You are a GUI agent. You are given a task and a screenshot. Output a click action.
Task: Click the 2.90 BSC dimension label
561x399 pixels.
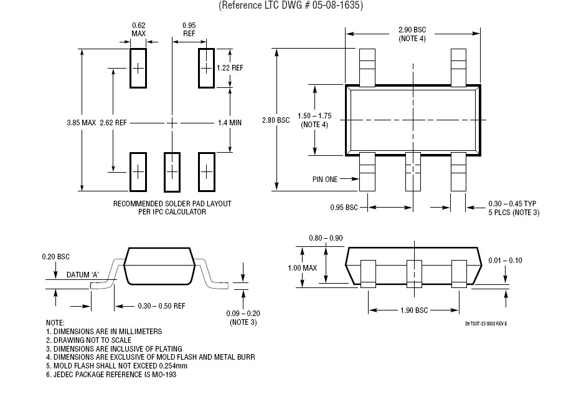412,31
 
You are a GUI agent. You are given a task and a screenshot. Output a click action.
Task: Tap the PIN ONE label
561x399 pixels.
324,179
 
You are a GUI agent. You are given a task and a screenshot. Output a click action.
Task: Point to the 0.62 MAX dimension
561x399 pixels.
138,29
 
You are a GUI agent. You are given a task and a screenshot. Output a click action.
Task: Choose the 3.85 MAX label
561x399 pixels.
81,123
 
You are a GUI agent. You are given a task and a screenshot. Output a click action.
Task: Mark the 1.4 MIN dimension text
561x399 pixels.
229,123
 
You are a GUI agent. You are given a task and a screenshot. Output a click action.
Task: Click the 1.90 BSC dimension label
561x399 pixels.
412,310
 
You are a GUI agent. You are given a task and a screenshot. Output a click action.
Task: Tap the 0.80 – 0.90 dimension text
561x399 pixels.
326,238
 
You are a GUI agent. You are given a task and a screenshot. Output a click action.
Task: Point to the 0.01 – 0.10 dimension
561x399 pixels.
506,260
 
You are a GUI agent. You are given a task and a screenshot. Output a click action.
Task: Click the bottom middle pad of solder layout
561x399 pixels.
172,171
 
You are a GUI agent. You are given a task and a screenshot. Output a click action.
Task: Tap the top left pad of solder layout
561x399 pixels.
138,67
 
